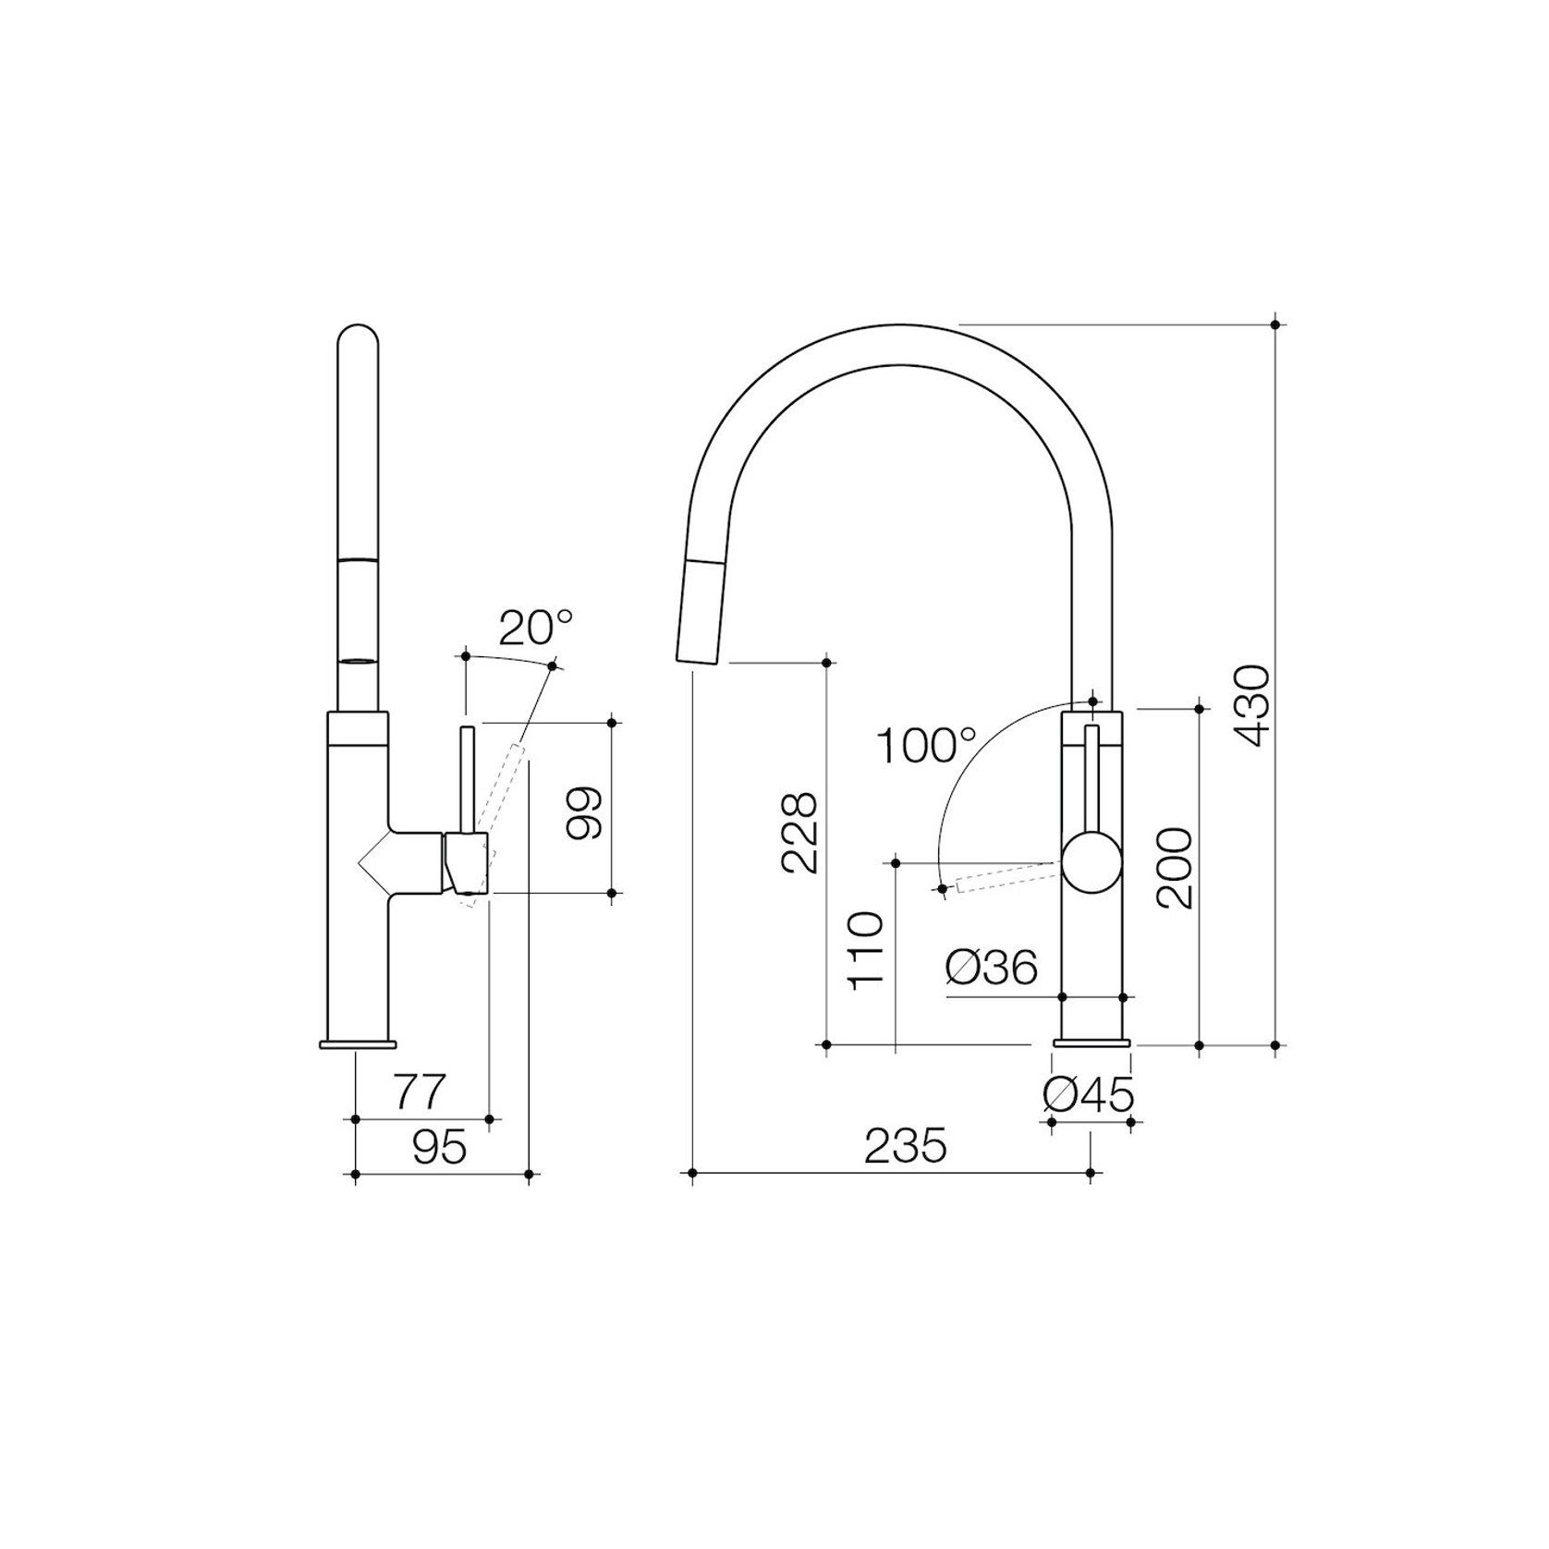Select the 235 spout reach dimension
click(906, 1147)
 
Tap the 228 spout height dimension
click(799, 832)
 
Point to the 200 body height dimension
click(1174, 869)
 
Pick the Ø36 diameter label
click(992, 968)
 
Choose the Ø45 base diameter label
click(1089, 1096)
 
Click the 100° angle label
click(926, 746)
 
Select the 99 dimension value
click(584, 813)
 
